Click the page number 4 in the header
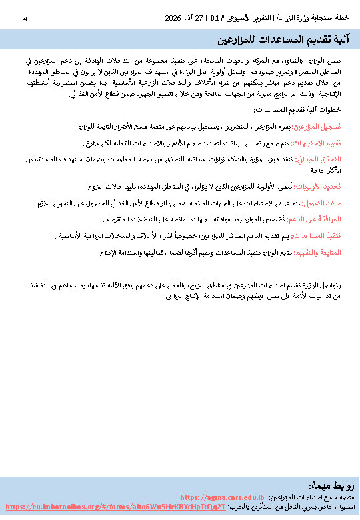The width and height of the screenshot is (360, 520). (25, 17)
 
